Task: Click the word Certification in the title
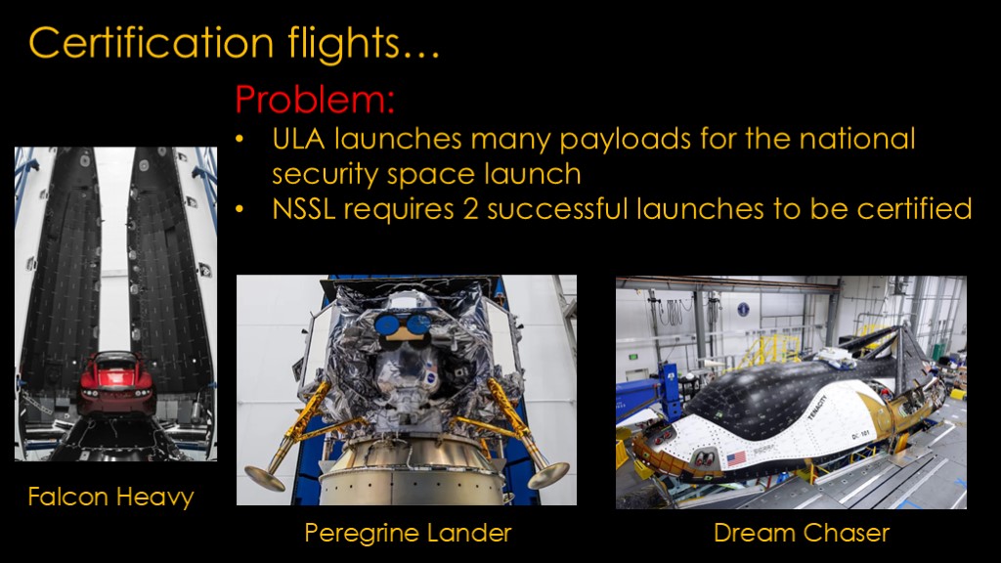(152, 43)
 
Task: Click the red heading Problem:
(315, 100)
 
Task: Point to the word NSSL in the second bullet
(304, 209)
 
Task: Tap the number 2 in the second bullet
(471, 209)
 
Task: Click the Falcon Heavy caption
(111, 498)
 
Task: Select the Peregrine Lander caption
(408, 533)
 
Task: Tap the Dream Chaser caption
(802, 533)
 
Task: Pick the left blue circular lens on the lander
(386, 325)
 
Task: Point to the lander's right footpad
(548, 473)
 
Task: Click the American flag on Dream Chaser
(736, 457)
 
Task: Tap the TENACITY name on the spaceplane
(818, 408)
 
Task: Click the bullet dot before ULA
(240, 140)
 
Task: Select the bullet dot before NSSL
(240, 209)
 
